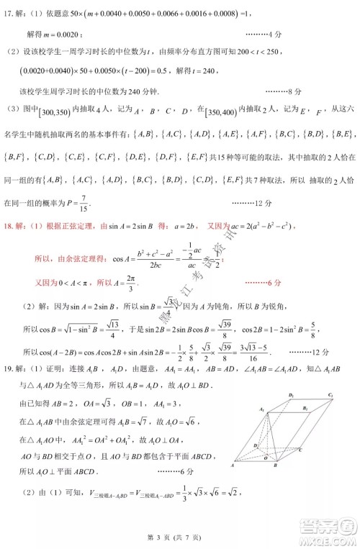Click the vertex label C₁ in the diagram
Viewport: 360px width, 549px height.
[x=330, y=395]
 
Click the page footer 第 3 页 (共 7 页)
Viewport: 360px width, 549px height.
[x=180, y=539]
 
